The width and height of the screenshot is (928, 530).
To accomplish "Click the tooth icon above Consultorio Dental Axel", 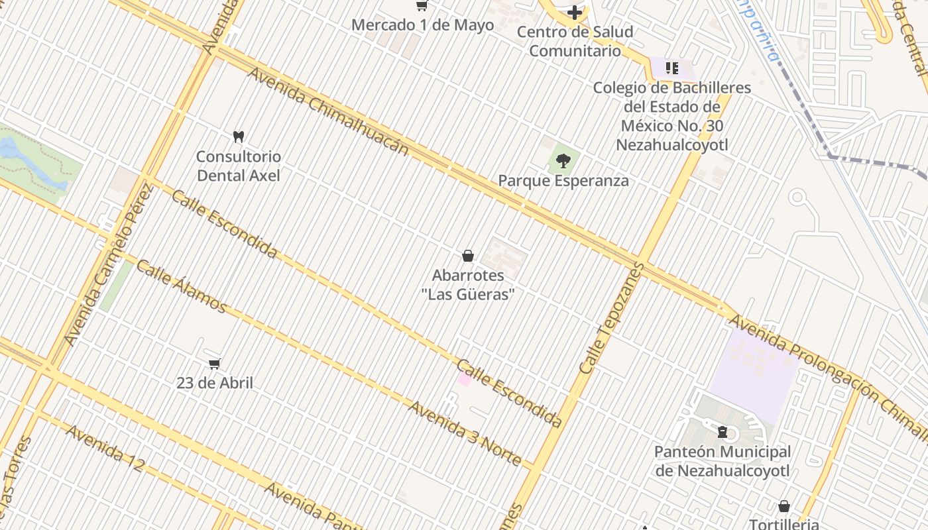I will pos(239,136).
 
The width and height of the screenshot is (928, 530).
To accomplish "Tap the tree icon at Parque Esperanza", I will pos(563,160).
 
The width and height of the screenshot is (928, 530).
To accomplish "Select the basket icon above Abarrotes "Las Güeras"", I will pos(468,256).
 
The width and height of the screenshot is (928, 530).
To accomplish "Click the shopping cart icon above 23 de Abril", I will pos(214,364).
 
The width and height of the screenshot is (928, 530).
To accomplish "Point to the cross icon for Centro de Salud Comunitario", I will pos(575,13).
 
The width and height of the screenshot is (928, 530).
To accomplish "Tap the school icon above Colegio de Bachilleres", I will pos(672,68).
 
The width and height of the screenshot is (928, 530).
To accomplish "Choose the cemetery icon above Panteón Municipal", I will pos(723,432).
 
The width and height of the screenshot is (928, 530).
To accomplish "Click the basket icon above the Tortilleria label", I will pos(784,507).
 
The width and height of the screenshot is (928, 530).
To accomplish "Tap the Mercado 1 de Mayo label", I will pos(422,25).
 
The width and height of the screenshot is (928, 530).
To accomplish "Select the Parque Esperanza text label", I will pos(563,180).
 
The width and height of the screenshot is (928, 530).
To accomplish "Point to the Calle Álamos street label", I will pos(181,286).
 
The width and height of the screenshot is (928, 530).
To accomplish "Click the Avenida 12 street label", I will pos(105,448).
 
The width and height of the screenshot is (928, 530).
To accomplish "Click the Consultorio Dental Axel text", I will pos(239,166).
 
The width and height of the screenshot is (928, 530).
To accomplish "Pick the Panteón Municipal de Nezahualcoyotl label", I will pos(723,461).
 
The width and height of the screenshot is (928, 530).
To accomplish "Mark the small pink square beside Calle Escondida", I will pos(464,379).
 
